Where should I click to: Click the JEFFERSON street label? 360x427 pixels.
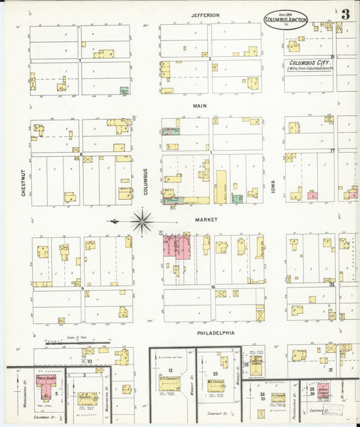coord(205,15)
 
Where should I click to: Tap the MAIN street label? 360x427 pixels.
coord(200,106)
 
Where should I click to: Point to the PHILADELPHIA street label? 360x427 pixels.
coord(215,332)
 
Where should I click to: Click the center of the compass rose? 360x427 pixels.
coord(142,220)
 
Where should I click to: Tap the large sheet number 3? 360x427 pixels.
coord(345,14)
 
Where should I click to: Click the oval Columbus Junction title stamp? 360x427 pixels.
coord(285,18)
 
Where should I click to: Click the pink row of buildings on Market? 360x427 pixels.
coord(176,247)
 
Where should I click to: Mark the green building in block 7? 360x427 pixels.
coord(124,90)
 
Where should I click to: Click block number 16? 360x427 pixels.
coord(212,287)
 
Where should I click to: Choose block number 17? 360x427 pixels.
coord(332,150)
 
